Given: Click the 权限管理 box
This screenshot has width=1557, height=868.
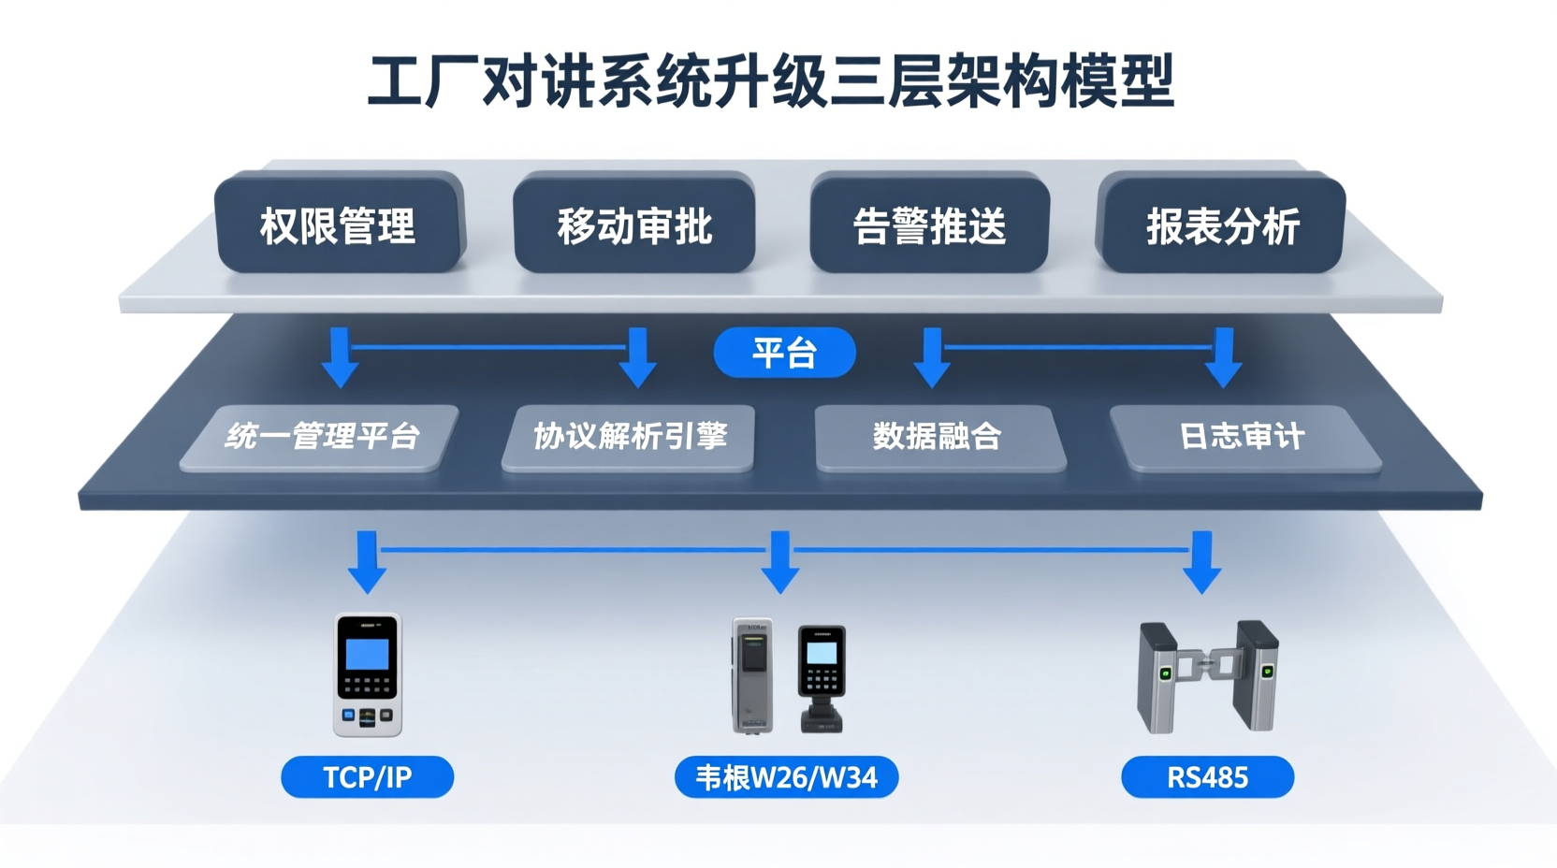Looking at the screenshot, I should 339,224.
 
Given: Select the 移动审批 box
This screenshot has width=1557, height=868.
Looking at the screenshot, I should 634,224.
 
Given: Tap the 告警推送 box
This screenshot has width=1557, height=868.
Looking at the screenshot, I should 929,224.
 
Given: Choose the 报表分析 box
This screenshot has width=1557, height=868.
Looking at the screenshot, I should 1222,224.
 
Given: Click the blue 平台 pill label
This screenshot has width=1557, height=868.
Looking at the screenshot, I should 784,353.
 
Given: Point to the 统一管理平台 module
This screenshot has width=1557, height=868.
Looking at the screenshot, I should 321,436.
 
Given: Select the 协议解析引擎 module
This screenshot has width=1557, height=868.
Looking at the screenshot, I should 629,436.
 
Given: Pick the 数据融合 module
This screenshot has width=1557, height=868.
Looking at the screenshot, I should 938,436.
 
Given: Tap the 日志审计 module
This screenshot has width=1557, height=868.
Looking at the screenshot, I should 1243,436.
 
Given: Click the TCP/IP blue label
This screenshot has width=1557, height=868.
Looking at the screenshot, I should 367,777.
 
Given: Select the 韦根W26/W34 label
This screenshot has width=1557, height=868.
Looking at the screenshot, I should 786,777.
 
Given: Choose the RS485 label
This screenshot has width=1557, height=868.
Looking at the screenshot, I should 1207,777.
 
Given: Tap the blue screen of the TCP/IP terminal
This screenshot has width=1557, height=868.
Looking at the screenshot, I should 367,653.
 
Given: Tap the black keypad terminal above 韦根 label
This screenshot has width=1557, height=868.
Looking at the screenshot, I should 822,675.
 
